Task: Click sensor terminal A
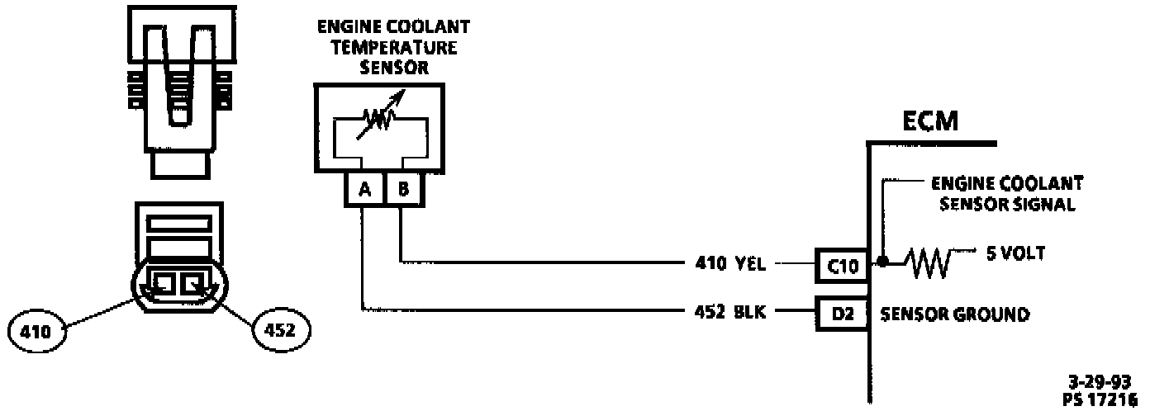tap(364, 191)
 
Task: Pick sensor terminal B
tap(402, 191)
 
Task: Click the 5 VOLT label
tap(1015, 253)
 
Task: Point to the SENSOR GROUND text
tap(954, 314)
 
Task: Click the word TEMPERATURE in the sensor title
tap(388, 47)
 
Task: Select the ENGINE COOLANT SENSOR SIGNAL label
tap(1006, 194)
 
